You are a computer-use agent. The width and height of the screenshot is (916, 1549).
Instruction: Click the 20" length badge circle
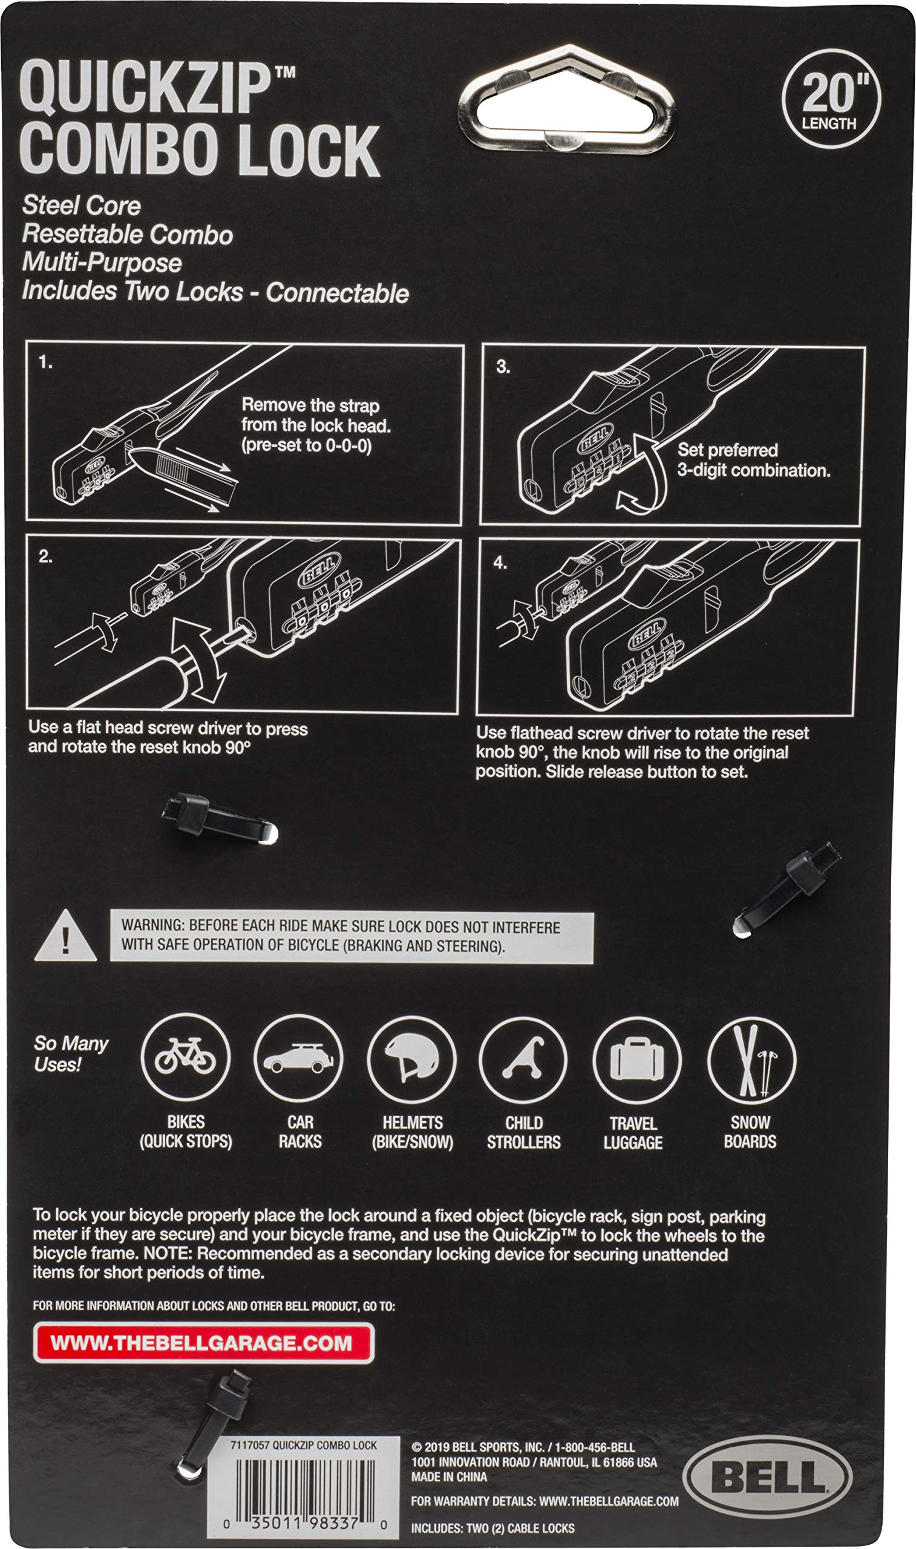coord(831,99)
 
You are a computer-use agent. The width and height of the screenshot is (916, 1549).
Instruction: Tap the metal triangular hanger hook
coord(567,99)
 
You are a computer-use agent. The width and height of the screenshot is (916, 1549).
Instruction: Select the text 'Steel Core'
coord(82,206)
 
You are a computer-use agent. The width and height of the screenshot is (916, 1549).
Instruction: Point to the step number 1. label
coord(45,363)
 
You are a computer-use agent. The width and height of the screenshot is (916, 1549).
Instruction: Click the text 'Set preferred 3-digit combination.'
coord(753,460)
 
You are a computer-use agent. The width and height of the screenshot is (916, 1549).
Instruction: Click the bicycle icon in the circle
coord(185,1057)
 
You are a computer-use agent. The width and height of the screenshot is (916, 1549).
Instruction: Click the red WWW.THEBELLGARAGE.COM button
coord(203,1343)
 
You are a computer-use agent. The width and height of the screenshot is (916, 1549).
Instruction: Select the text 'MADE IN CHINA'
coord(449,1477)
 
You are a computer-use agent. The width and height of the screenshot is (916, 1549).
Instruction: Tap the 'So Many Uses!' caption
coord(70,1053)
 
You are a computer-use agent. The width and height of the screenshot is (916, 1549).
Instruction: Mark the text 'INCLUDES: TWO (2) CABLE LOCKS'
coord(492,1528)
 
